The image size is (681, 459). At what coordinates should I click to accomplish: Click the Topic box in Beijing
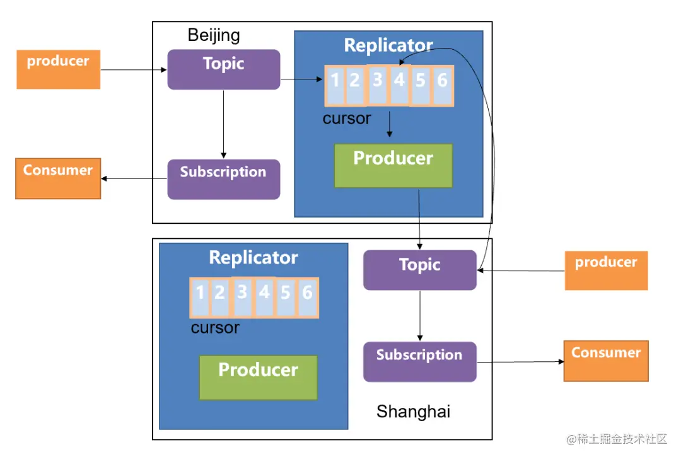point(223,69)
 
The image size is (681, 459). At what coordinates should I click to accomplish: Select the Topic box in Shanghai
point(419,270)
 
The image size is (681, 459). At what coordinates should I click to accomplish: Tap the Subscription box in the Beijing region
point(223,179)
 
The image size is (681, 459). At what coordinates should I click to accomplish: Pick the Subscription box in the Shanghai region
point(419,361)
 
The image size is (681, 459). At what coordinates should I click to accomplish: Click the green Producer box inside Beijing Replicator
point(393,165)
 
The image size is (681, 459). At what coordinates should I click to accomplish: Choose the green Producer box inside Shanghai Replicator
point(258,377)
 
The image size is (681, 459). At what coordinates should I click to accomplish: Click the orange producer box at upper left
point(58,68)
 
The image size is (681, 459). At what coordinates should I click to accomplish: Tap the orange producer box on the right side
point(606,270)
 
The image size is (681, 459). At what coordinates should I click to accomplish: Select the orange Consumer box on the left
point(58,178)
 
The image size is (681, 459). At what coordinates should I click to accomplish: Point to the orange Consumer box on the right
point(606,361)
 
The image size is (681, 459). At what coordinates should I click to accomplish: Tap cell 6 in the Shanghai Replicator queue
point(307,297)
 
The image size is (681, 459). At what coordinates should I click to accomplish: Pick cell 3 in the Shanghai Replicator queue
point(242,297)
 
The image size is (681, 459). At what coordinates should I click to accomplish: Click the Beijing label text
point(214,35)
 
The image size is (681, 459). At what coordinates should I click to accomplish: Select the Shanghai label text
point(413,412)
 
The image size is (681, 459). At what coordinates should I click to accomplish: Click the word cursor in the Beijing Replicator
point(347,118)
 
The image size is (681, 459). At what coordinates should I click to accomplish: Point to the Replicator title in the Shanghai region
point(253,257)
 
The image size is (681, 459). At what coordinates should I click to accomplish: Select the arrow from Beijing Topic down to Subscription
point(223,124)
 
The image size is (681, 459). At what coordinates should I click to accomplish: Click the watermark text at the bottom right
point(616,439)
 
